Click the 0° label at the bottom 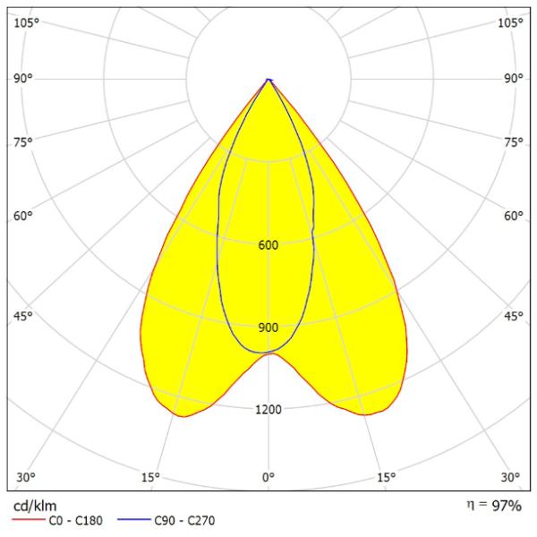pos(268,476)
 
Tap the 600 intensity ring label pos(268,245)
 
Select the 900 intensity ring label pos(268,328)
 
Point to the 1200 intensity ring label pos(268,410)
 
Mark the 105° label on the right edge pos(510,22)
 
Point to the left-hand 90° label pos(24,79)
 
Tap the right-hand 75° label pos(513,141)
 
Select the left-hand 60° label pos(24,216)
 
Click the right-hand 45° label pos(513,316)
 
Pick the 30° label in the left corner pos(25,476)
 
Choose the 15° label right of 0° pos(387,476)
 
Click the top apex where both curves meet pos(268,80)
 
